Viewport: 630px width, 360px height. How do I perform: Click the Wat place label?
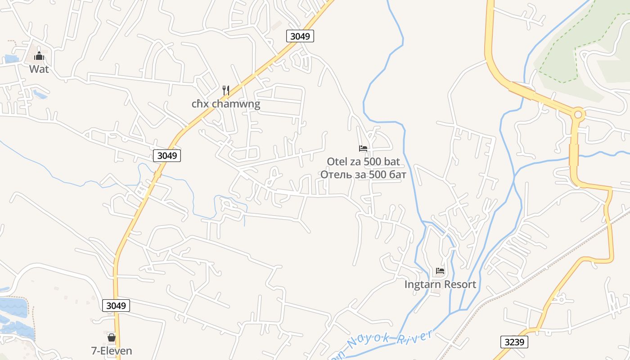[39, 69]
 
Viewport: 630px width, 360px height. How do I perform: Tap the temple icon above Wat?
[39, 56]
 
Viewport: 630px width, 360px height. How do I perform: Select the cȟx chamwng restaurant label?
[226, 104]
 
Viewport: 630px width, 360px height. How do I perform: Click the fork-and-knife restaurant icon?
[226, 90]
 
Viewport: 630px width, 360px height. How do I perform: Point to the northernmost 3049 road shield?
[300, 36]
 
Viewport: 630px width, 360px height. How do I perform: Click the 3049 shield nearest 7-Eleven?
[116, 306]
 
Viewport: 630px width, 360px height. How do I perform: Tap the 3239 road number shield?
[514, 342]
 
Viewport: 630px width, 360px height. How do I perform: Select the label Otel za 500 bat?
[363, 162]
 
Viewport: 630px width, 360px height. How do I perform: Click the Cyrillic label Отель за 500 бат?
[363, 174]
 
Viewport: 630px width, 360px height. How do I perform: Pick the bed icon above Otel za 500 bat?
[363, 148]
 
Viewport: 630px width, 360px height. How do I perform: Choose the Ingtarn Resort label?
[440, 284]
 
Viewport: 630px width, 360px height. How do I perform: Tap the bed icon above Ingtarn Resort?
[440, 271]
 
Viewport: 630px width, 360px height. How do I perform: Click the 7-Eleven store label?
[112, 351]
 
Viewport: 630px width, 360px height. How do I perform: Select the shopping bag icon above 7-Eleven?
[112, 337]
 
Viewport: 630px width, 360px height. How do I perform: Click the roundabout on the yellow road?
[578, 114]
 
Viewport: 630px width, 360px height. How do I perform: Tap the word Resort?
[460, 284]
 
